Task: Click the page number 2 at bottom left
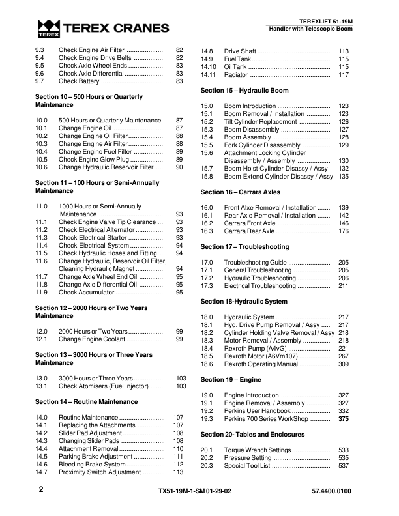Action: click(40, 487)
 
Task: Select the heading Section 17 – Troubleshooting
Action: click(244, 247)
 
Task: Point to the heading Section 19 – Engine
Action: click(231, 379)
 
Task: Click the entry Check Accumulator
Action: click(89, 293)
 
